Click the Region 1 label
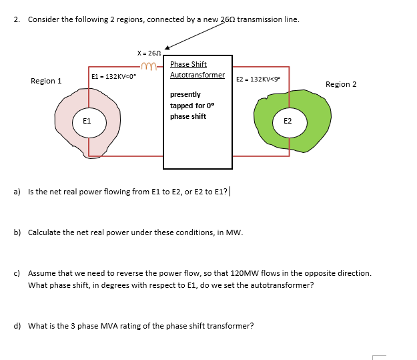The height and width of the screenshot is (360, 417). (46, 81)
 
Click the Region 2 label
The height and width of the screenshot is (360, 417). (341, 84)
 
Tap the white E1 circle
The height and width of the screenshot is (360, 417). (87, 122)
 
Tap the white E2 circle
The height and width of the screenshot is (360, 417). (288, 122)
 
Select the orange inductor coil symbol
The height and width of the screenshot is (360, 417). (149, 65)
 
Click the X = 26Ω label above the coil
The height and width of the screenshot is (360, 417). (149, 53)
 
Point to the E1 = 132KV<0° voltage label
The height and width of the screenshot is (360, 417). (113, 77)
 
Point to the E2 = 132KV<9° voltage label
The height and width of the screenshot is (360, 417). (258, 79)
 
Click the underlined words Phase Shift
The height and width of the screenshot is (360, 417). (188, 64)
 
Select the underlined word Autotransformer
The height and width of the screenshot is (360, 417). (197, 75)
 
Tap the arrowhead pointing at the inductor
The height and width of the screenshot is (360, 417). (168, 47)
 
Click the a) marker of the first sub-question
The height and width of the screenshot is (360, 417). (17, 192)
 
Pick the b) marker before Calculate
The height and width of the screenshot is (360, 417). (17, 232)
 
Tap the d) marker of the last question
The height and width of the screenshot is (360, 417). (17, 326)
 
